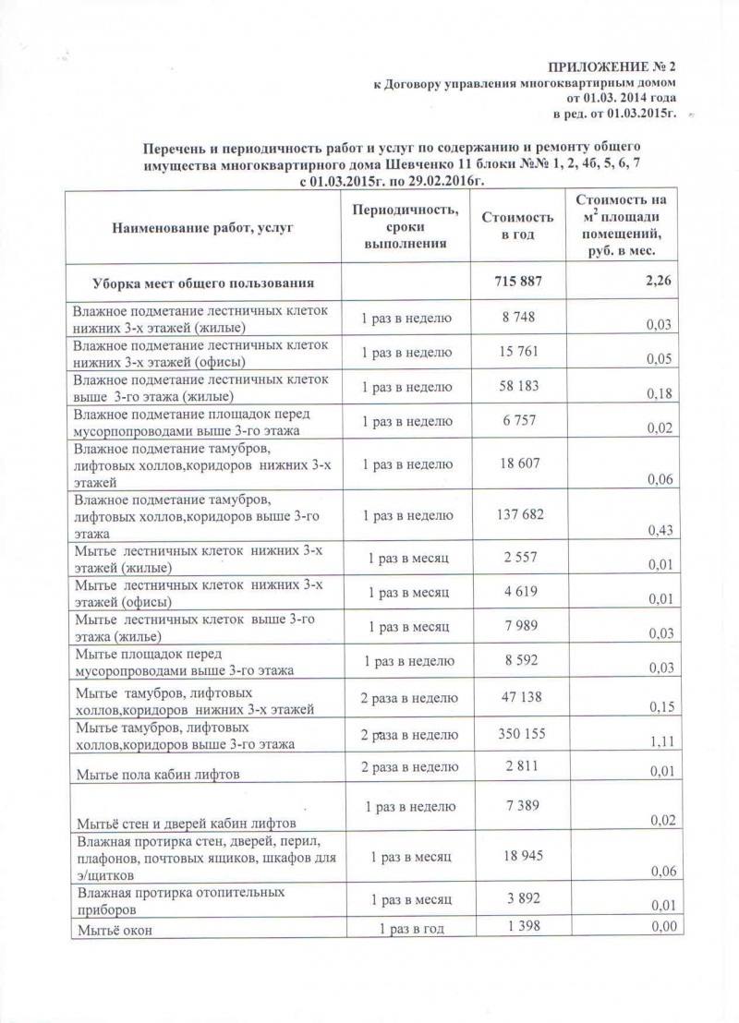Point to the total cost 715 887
pyautogui.click(x=517, y=280)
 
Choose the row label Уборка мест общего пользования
pyautogui.click(x=202, y=281)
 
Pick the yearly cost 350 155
pyautogui.click(x=517, y=734)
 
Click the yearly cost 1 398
pyautogui.click(x=517, y=927)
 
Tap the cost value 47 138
pyautogui.click(x=517, y=697)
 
